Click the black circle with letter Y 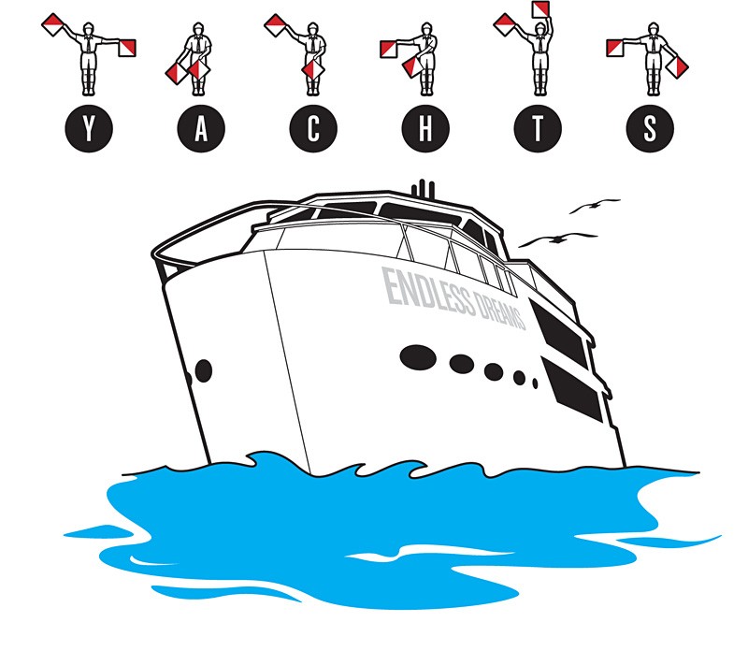(x=89, y=128)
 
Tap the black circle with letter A (x=201, y=128)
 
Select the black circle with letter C (x=313, y=128)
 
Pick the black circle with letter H (x=425, y=128)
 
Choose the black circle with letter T (x=538, y=128)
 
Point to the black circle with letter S (x=650, y=128)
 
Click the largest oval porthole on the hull (x=418, y=357)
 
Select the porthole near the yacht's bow (x=204, y=370)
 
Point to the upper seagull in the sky (x=594, y=206)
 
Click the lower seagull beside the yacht (x=557, y=239)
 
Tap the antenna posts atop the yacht (x=424, y=188)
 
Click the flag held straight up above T (x=540, y=9)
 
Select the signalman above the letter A (x=196, y=58)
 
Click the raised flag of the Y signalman (x=52, y=25)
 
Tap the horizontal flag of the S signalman (x=615, y=49)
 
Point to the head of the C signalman (x=312, y=29)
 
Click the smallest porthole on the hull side (x=535, y=383)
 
